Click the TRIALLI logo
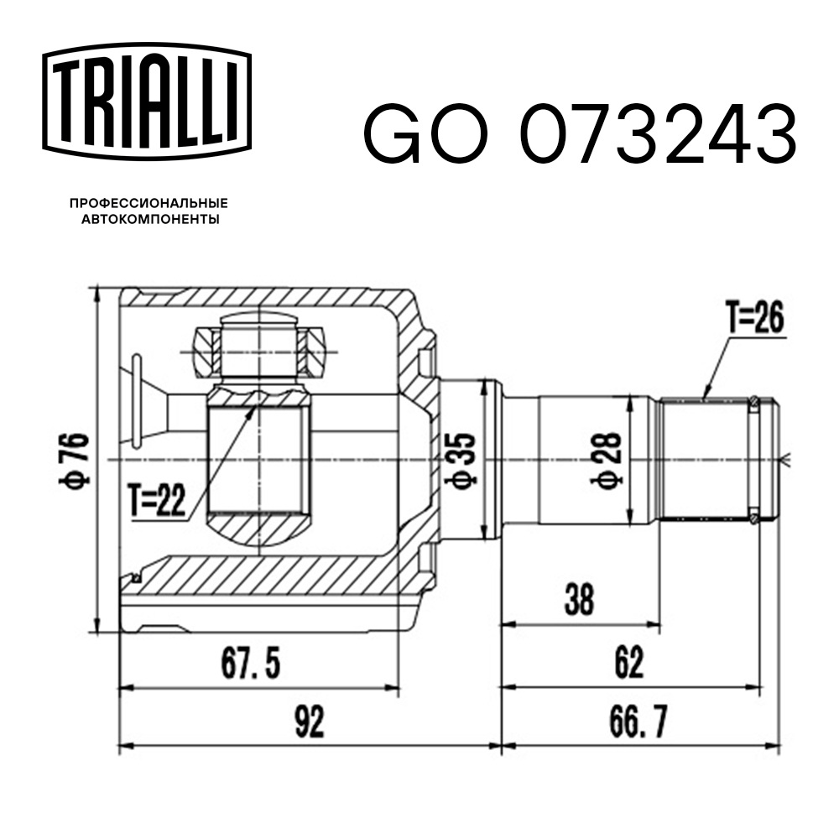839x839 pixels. pos(147,102)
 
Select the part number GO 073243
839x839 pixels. pos(581,135)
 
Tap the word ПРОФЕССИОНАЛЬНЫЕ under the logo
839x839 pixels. pos(149,203)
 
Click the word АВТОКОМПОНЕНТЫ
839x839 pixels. pos(150,219)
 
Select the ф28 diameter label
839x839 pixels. pos(607,460)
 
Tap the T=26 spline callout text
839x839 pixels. pos(755,317)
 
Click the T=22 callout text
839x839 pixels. pos(158,500)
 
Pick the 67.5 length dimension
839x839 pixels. pos(250,664)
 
